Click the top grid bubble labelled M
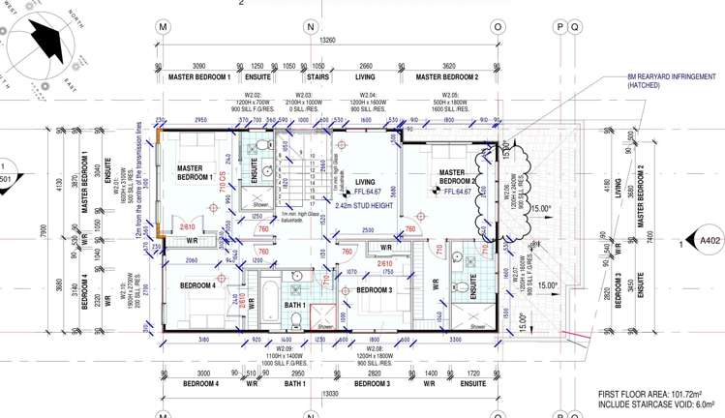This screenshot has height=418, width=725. [163, 26]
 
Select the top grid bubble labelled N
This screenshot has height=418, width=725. [310, 26]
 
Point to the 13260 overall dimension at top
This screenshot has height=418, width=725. [328, 41]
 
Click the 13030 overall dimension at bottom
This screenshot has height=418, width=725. [328, 394]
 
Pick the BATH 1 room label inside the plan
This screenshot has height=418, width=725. [295, 306]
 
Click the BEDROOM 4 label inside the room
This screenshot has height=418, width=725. [197, 286]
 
